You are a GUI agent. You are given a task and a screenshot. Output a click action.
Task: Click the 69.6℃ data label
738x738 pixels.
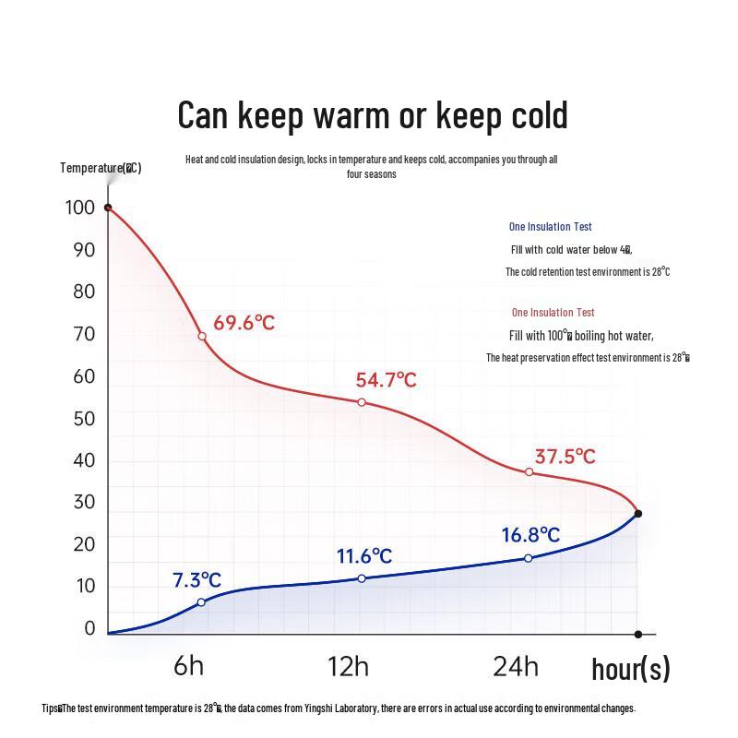pos(244,323)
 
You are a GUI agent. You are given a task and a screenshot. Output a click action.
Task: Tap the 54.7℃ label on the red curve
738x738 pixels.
pos(386,380)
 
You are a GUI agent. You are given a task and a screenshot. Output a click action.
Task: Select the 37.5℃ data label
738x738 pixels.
pos(565,457)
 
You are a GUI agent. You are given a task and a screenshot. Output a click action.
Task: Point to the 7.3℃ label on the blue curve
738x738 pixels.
pos(196,580)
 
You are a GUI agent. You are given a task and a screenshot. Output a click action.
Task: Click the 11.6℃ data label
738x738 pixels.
pos(363,556)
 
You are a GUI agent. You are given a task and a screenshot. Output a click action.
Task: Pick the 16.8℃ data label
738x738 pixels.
pos(530,535)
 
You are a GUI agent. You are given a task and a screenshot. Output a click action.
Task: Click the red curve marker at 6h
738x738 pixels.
pos(202,336)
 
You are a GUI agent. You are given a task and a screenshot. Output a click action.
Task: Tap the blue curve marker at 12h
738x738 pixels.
pos(362,578)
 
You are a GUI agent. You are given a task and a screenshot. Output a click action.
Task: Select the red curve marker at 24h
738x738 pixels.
pos(529,471)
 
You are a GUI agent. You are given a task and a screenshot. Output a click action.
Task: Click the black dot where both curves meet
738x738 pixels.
pos(637,514)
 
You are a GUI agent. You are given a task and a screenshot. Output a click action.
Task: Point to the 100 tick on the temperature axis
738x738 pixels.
pos(80,208)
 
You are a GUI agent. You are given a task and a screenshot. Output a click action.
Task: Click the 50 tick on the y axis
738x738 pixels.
pos(84,419)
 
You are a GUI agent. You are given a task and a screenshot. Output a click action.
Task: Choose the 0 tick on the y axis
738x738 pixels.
pos(89,628)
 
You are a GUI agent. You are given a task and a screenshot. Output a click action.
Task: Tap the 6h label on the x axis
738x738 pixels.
pos(189,666)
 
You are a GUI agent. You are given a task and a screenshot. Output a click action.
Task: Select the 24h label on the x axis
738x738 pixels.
pos(516,666)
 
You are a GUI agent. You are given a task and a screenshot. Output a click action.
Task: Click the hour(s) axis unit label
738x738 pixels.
pos(630,669)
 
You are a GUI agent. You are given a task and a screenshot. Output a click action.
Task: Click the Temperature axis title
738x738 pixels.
pos(101,167)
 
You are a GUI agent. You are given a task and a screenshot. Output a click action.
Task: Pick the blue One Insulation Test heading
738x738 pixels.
pos(550,227)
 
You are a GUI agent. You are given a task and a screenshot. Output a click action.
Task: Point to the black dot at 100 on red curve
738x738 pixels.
pos(108,208)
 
